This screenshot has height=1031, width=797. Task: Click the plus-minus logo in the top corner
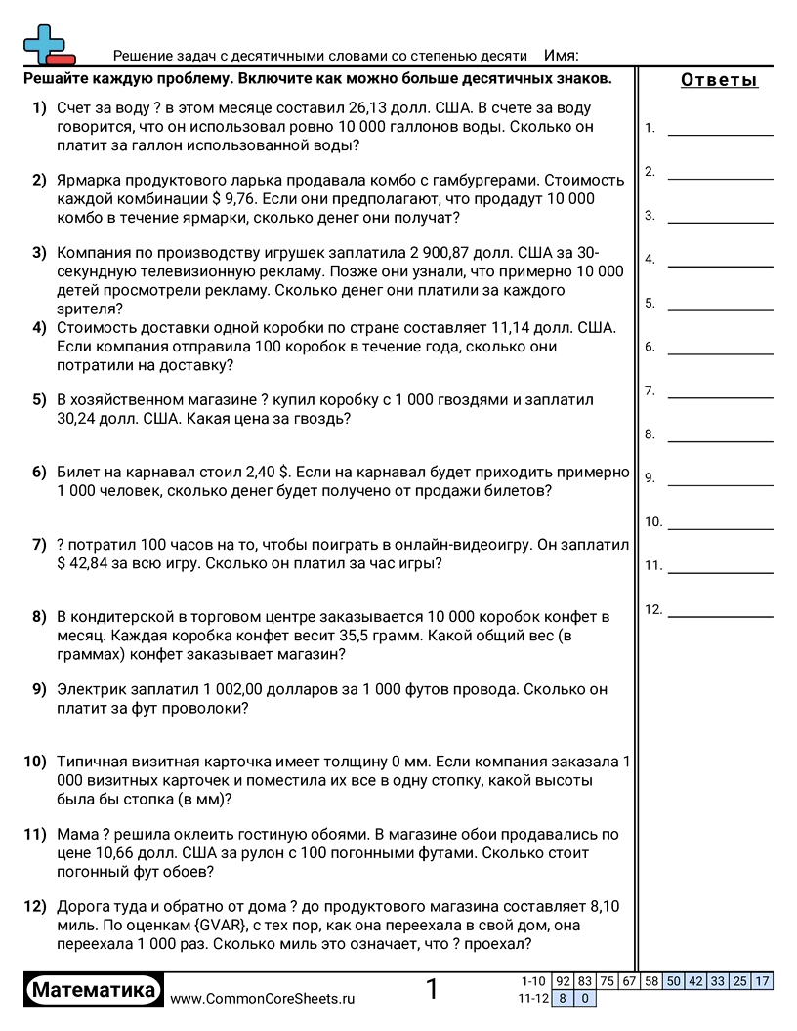point(44,44)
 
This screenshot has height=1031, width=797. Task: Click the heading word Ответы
point(719,80)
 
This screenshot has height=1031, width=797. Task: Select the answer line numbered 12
point(720,615)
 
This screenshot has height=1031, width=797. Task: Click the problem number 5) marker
point(39,399)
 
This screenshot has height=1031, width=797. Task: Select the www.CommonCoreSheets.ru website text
point(263,998)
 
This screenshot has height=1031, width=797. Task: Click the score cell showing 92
point(563,981)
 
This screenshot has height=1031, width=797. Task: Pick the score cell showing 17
point(763,981)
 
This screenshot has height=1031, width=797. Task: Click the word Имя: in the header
point(561,56)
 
